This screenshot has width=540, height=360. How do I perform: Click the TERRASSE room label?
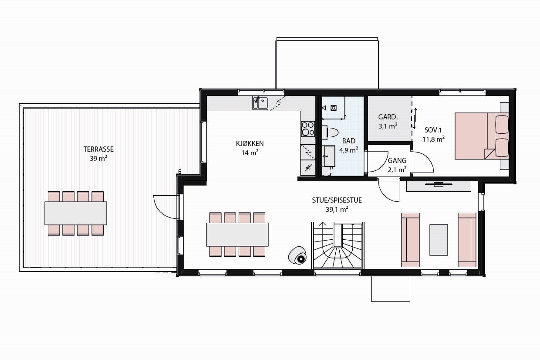98,149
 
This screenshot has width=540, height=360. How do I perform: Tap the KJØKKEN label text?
250,143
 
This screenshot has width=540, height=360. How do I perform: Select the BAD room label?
348,141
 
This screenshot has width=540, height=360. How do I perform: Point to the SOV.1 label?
433,130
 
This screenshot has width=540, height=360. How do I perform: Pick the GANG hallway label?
397,160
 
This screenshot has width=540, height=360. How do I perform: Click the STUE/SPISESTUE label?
337,200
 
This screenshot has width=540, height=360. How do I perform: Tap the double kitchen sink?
260,103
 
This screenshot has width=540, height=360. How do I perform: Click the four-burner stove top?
307,129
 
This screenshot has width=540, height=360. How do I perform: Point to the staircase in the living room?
337,246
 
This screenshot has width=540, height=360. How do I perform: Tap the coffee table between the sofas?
439,240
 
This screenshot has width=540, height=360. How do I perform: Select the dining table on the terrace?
76,213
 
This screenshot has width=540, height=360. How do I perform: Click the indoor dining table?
237,234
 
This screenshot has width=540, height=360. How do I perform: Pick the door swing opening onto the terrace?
165,207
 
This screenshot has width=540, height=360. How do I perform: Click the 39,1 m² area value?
337,210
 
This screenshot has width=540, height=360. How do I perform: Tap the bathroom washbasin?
329,155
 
